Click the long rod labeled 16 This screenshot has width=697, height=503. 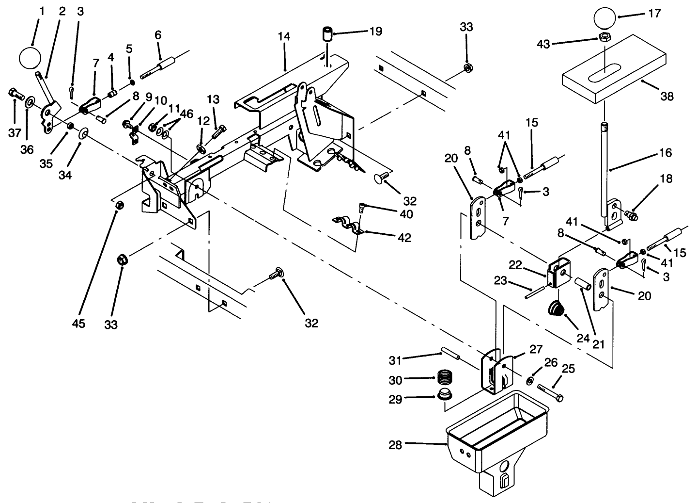(x=605, y=170)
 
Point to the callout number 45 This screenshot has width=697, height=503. (x=78, y=323)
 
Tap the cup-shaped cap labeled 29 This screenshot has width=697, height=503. (x=444, y=394)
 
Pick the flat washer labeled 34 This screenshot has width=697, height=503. (x=83, y=132)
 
